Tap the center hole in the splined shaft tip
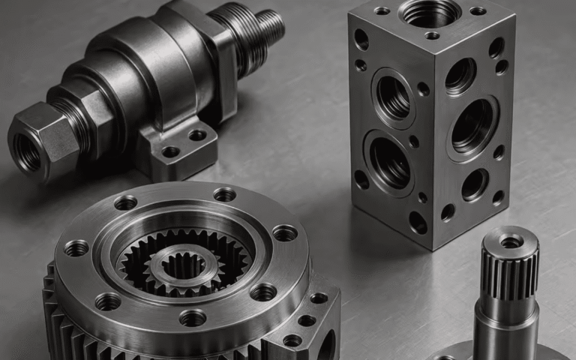click(x=511, y=241)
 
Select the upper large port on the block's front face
click(x=393, y=97)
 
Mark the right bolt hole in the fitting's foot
click(x=197, y=136)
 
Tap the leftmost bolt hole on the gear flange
click(x=76, y=248)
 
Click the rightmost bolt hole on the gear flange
click(x=284, y=233)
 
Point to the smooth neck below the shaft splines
click(x=506, y=322)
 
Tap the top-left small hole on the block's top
click(x=382, y=10)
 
